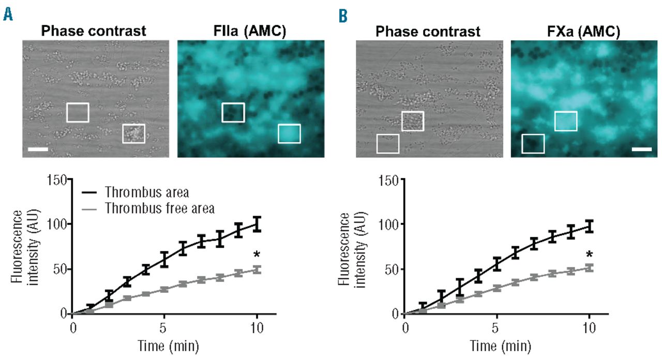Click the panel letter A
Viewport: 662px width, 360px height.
[x=8, y=15]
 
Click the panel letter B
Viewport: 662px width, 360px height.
[x=343, y=16]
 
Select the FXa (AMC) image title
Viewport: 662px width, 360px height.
[x=584, y=32]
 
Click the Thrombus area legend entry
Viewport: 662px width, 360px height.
[x=146, y=192]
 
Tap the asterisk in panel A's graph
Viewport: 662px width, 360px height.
[x=257, y=254]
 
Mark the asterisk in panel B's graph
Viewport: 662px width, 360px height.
[x=589, y=254]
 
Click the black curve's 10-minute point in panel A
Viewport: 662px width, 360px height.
[x=257, y=224]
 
